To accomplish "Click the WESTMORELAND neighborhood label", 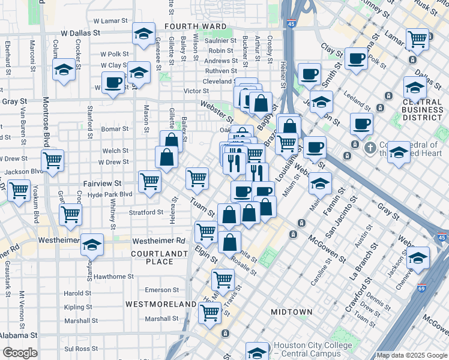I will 161,304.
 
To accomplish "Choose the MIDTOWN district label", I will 292,312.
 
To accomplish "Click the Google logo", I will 20,353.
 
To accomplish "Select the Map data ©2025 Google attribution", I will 411,355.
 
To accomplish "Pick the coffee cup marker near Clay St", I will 357,59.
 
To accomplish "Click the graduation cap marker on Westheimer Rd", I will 92,244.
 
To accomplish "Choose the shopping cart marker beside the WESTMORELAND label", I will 210,312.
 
